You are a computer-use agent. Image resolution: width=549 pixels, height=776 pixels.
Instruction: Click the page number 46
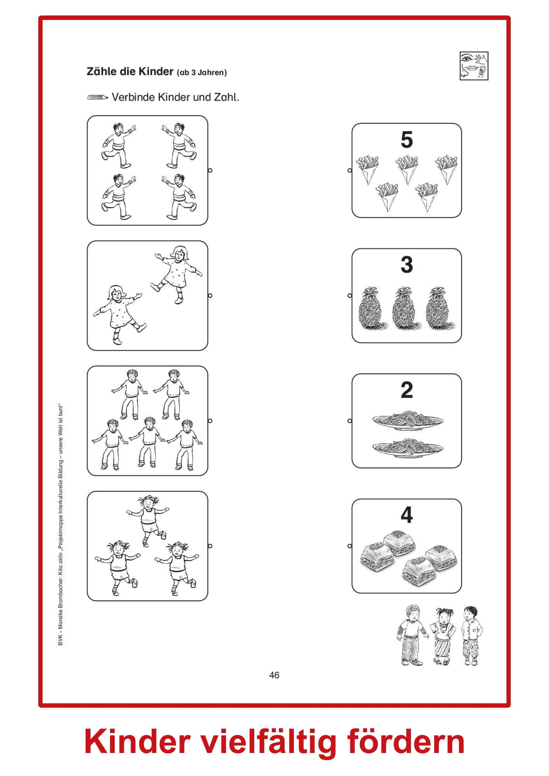tap(274, 675)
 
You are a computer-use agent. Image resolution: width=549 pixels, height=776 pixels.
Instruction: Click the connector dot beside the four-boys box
tap(210, 170)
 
